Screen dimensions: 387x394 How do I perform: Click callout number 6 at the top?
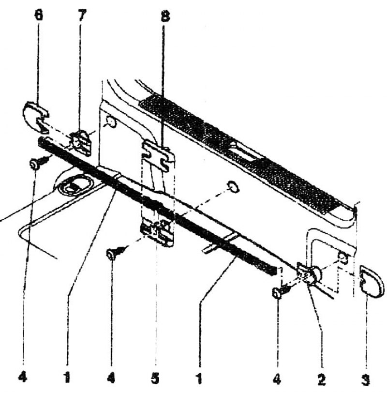pyautogui.click(x=38, y=15)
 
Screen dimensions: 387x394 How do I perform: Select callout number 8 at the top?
pyautogui.click(x=164, y=15)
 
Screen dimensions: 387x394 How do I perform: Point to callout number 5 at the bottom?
pyautogui.click(x=155, y=378)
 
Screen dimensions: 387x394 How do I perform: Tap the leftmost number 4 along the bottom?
pyautogui.click(x=23, y=377)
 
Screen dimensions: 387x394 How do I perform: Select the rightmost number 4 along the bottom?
pyautogui.click(x=277, y=378)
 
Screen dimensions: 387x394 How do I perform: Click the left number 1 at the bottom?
pyautogui.click(x=67, y=377)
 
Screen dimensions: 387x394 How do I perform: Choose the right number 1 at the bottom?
pyautogui.click(x=199, y=378)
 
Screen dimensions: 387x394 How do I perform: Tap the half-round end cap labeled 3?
pyautogui.click(x=371, y=282)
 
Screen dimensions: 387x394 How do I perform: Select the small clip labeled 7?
pyautogui.click(x=81, y=143)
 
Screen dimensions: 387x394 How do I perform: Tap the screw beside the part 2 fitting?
pyautogui.click(x=281, y=292)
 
